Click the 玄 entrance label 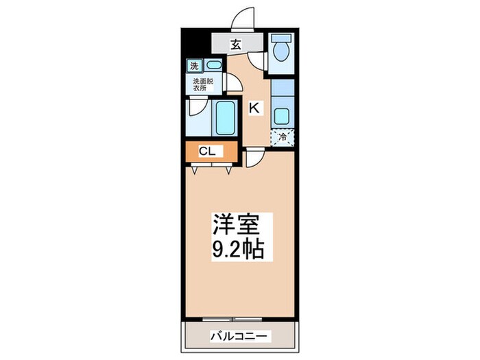pos(235,45)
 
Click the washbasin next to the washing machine pos(213,67)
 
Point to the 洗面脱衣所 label pos(202,84)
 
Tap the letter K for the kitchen pos(253,107)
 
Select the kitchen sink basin pos(281,115)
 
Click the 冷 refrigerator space pos(281,136)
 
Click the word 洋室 pos(235,226)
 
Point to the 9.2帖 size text pos(235,248)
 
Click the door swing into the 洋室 pos(252,158)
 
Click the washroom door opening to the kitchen pos(233,85)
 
